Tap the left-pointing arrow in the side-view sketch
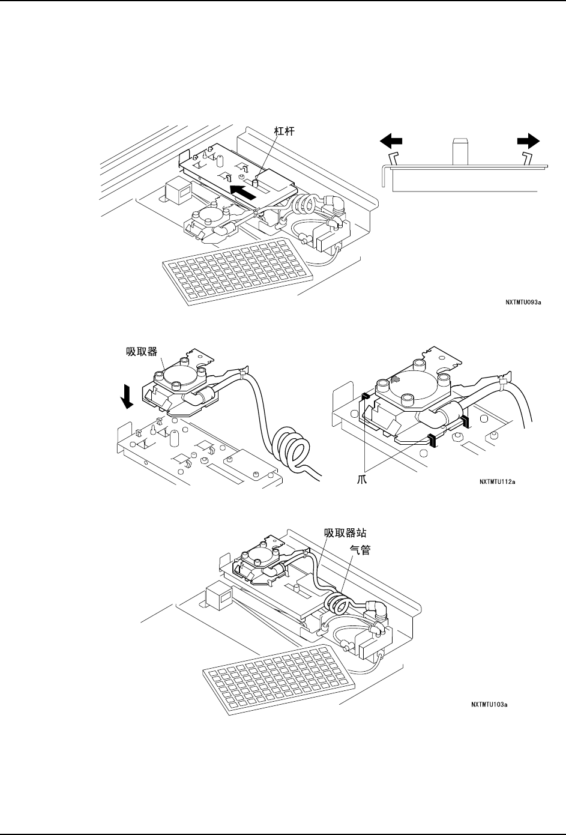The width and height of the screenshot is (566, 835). [391, 140]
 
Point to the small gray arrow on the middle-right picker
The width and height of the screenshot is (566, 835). [395, 379]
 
